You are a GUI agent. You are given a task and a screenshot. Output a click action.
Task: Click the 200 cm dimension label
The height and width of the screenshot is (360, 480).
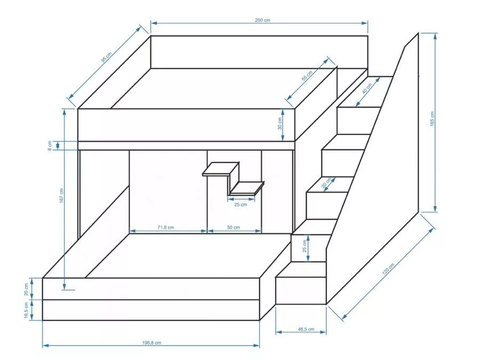(262, 20)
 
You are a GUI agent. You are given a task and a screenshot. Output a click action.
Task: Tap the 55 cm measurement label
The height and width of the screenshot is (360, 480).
(307, 76)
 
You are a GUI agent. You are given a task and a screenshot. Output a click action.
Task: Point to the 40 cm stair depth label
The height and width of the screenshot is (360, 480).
(367, 88)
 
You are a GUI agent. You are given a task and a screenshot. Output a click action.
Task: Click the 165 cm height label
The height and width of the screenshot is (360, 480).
(432, 118)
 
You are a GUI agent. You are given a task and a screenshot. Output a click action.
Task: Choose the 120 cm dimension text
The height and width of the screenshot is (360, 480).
(388, 268)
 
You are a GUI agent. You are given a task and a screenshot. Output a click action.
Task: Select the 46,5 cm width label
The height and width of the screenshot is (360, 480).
(306, 329)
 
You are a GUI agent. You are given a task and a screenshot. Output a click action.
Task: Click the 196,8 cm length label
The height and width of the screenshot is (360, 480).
(151, 342)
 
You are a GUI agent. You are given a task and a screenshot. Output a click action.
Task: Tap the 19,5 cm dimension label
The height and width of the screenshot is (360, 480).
(26, 310)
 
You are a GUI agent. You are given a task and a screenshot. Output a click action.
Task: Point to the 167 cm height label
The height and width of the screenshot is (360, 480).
(61, 195)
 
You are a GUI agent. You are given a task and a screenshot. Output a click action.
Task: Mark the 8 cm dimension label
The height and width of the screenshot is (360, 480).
(50, 146)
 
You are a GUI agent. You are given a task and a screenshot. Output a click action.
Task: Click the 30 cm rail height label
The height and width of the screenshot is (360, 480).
(280, 123)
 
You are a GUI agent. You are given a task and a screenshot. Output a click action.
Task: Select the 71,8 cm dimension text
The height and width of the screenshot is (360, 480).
(166, 227)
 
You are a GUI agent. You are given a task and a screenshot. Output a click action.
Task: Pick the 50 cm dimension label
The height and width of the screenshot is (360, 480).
(234, 227)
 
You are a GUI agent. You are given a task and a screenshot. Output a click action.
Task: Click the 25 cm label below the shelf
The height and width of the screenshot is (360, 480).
(241, 204)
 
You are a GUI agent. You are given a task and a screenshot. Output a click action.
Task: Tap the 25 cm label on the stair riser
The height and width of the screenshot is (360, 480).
(305, 246)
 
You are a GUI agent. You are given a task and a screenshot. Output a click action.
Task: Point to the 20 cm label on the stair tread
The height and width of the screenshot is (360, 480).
(326, 183)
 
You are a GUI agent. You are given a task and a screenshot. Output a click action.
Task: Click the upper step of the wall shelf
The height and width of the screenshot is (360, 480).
(221, 169)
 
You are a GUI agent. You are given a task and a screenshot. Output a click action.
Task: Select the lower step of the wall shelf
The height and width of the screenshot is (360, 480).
(247, 188)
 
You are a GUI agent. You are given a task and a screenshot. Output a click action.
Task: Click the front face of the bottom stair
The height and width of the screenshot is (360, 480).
(301, 291)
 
